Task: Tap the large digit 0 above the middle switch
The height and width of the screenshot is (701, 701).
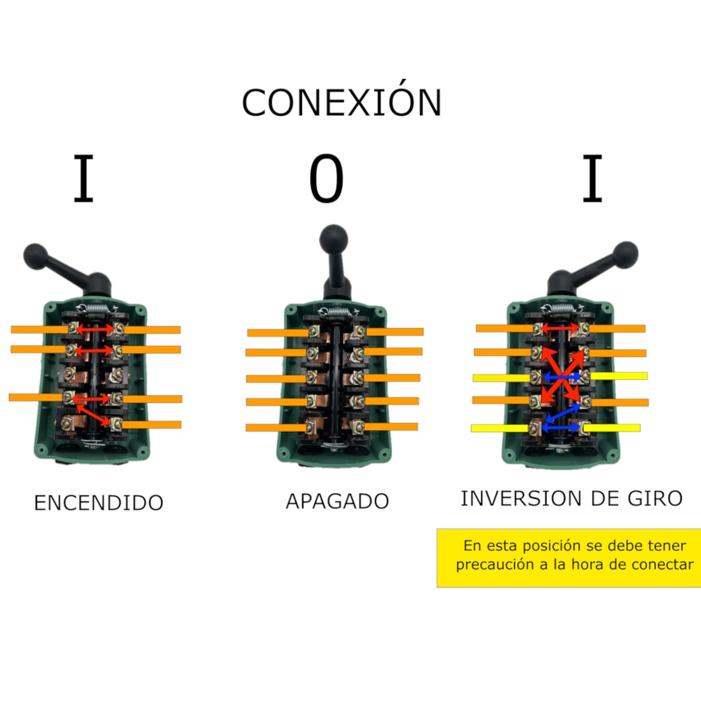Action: coord(326,179)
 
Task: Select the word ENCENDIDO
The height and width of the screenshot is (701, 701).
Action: coord(99,503)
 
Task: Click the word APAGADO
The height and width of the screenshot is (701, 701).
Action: coord(337,501)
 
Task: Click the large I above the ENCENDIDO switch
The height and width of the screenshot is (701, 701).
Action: coord(84,179)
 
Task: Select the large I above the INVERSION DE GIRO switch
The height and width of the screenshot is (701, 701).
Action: coord(592,179)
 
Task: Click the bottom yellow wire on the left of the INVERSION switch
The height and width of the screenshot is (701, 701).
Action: coord(500,429)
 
